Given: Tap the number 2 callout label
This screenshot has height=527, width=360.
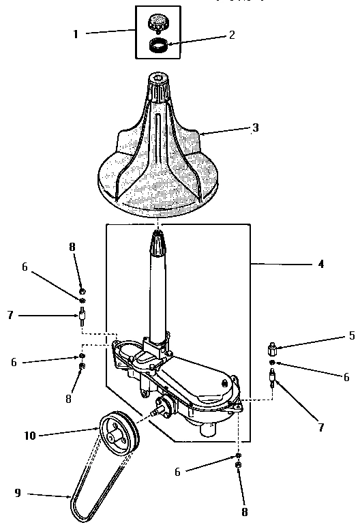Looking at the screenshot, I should click(x=232, y=35).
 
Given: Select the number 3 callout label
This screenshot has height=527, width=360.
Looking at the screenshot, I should click(x=255, y=127).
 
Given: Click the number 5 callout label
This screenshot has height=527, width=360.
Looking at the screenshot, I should click(x=351, y=335).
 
